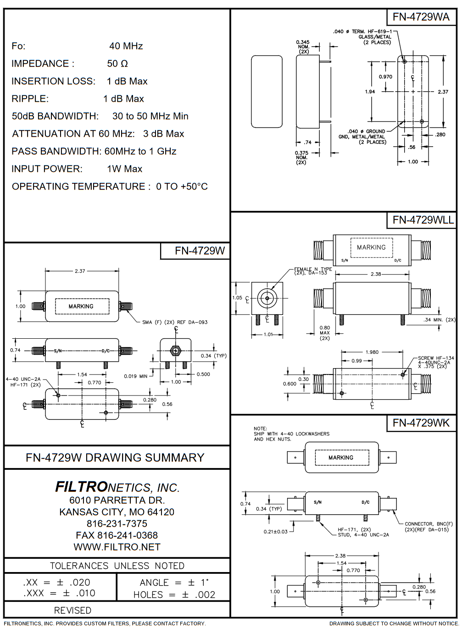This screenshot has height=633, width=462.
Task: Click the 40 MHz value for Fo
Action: coord(126,46)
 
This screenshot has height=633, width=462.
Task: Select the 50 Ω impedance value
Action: coord(117,64)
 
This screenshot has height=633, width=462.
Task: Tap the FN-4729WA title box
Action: coord(421,17)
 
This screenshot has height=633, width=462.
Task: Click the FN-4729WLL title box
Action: coord(423,220)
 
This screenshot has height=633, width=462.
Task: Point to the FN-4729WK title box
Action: coord(421,423)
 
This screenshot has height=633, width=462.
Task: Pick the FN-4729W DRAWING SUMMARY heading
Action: coord(115,457)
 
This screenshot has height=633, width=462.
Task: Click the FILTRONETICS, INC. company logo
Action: coord(117,487)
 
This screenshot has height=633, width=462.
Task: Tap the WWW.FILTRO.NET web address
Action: coord(117,547)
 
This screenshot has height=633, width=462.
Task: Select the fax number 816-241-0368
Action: coord(117,535)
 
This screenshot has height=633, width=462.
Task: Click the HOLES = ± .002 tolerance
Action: coord(174,594)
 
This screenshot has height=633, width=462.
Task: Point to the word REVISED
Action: coord(72,610)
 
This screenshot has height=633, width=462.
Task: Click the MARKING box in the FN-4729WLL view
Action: coord(371,248)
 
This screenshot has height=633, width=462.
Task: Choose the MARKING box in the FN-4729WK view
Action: coord(341,457)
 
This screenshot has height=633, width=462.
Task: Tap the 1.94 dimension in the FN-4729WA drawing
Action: coord(370,92)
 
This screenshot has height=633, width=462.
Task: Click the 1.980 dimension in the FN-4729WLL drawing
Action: coord(372,352)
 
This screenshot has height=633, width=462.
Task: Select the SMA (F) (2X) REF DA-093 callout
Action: coord(175,322)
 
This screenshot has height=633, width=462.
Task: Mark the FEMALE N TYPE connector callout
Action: coord(313,271)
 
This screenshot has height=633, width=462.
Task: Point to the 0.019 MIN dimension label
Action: coord(136,376)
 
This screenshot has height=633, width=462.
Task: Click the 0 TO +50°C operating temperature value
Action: coord(182,187)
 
